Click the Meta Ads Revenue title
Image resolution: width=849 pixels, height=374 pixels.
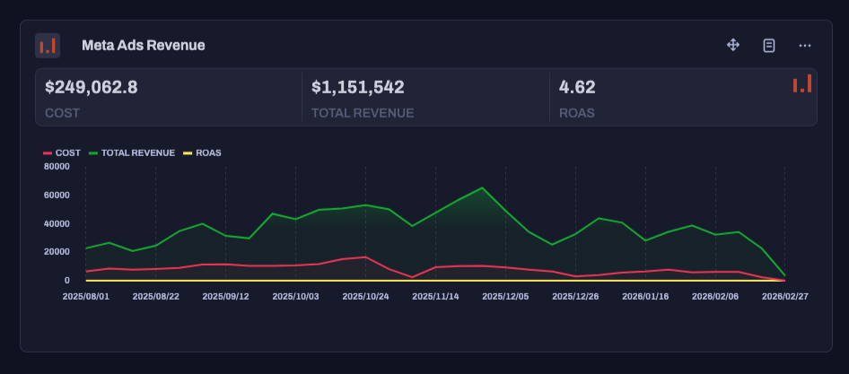[x=143, y=45]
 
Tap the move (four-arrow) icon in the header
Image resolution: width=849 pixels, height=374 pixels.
[x=733, y=45]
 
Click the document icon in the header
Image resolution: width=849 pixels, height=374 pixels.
[x=769, y=45]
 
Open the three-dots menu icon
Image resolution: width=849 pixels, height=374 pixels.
[x=805, y=45]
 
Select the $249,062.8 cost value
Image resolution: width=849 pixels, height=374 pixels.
[x=91, y=87]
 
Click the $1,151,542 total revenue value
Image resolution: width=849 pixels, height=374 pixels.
[x=357, y=87]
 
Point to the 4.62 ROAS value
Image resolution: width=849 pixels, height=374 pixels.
[x=577, y=87]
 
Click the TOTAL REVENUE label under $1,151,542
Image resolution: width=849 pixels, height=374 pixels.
[x=362, y=113]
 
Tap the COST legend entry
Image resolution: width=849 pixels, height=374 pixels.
[x=62, y=152]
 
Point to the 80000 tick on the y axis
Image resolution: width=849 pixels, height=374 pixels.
[x=56, y=166]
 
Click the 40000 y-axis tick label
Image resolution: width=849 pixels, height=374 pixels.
[x=56, y=223]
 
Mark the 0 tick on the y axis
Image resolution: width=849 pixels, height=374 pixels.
[x=66, y=281]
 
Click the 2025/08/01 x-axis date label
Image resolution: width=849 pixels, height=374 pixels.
[x=85, y=295]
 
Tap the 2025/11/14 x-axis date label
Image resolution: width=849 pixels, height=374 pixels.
[x=435, y=295]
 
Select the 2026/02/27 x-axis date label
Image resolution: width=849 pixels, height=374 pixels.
[x=785, y=295]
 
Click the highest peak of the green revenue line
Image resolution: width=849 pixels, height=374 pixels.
[x=482, y=187]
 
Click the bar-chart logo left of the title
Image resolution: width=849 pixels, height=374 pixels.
[x=48, y=45]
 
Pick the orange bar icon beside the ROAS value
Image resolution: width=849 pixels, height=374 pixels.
[x=801, y=83]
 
